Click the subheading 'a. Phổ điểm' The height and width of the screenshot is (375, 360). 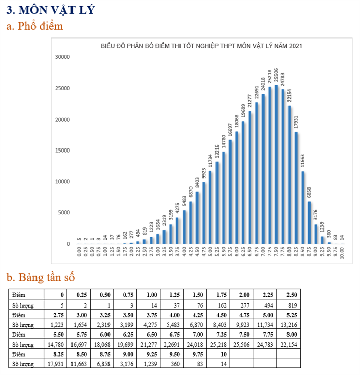coord(35,26)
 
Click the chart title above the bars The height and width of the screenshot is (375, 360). coord(202,46)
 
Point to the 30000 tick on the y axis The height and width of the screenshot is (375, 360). coord(62,57)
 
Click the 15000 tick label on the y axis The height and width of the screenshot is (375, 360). coord(62,151)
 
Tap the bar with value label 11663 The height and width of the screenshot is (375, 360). coord(303,207)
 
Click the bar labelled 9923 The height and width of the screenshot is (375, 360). coord(204,213)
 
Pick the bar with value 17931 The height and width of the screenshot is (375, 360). coord(297,188)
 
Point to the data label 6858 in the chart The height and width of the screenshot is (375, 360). coord(309,193)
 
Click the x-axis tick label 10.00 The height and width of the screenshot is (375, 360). coord(342,252)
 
